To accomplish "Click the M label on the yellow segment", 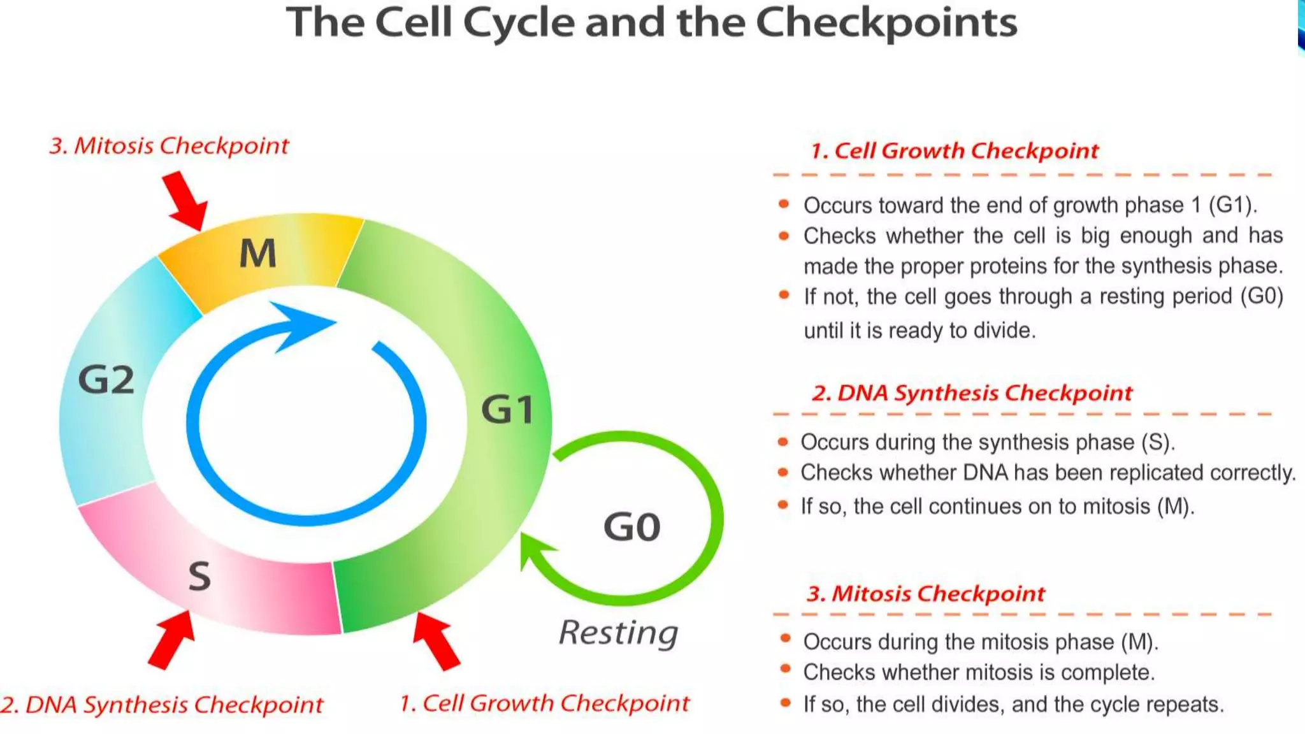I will [258, 254].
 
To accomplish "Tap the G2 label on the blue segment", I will [106, 380].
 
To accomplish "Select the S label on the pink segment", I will [199, 576].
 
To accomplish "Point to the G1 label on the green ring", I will [507, 409].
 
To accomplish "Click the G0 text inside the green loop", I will [631, 527].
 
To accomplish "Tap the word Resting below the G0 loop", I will [618, 633].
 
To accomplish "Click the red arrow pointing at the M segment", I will [186, 200].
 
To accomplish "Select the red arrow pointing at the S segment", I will [171, 639].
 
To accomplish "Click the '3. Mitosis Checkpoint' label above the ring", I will [169, 146].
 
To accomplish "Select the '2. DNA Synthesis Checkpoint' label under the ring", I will [162, 705].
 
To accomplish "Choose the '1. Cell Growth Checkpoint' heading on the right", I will [954, 151].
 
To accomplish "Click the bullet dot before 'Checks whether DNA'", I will [783, 473].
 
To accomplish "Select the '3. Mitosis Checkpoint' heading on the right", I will [925, 594].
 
